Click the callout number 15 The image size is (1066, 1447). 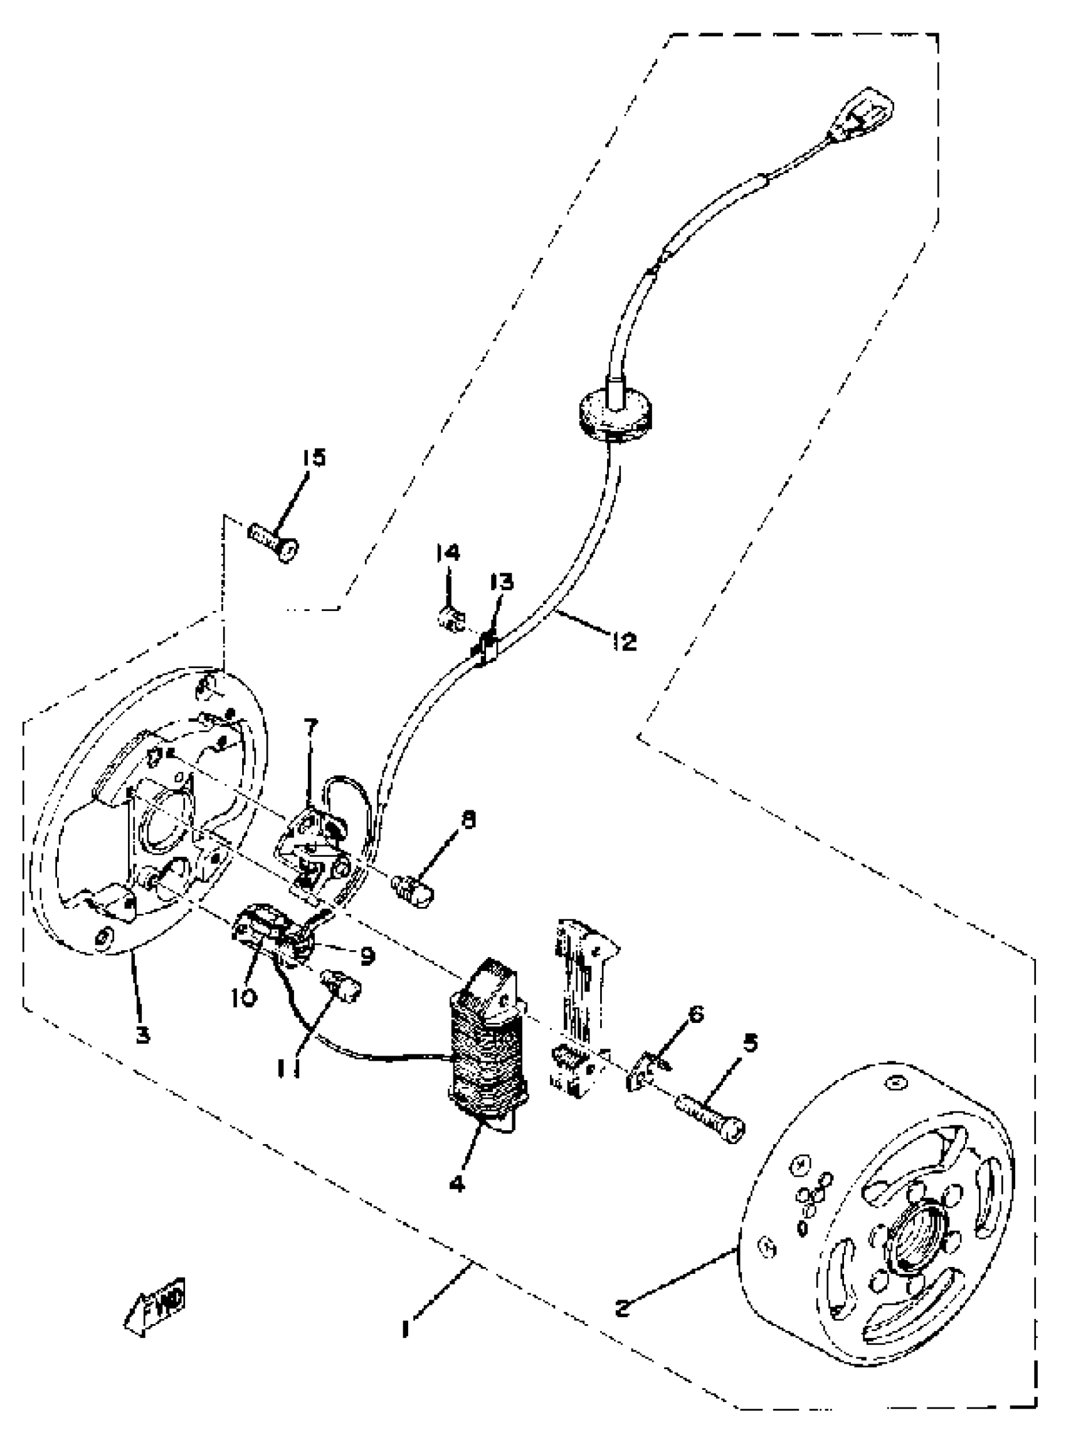pos(314,458)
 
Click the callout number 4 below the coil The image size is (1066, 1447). pos(457,1184)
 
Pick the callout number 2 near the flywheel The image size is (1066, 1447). pos(621,1308)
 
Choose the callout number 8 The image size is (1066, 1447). pos(468,821)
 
